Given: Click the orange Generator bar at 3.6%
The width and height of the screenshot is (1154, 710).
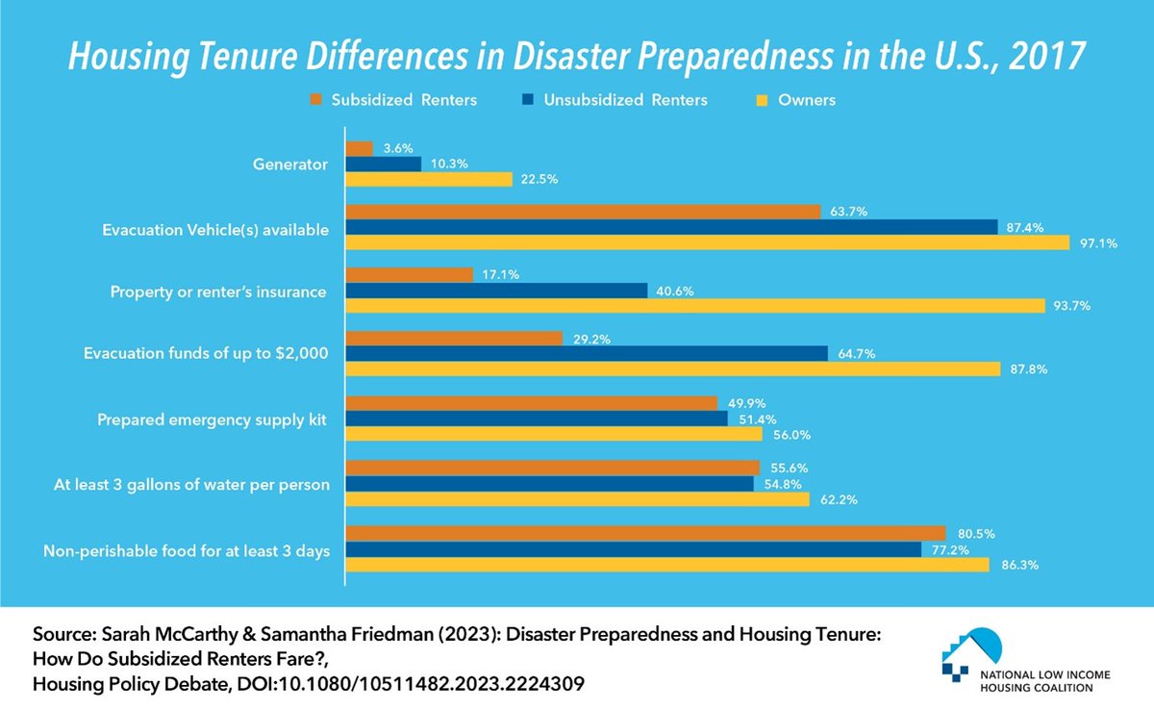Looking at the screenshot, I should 359,149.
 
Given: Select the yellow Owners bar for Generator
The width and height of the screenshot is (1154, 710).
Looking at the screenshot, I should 429,179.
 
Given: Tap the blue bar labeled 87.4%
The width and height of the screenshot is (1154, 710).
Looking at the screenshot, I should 671,227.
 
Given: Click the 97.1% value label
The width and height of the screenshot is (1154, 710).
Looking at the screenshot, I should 1097,243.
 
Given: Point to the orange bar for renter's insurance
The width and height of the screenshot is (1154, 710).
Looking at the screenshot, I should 409,275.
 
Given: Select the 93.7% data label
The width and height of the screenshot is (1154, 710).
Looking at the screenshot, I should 1073,306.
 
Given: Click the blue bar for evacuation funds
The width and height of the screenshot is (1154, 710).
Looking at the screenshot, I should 587,354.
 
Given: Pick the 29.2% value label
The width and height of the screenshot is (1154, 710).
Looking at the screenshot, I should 590,339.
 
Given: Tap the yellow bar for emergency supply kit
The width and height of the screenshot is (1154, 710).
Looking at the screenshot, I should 554,434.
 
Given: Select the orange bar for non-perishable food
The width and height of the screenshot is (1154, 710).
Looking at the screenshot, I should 645,534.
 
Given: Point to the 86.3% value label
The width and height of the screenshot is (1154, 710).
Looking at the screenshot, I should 1017,566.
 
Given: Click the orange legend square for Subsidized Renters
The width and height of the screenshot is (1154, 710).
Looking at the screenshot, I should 314,100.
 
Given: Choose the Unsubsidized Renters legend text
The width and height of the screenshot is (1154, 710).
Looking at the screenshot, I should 625,100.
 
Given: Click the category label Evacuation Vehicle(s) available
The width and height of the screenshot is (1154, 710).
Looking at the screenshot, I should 215,229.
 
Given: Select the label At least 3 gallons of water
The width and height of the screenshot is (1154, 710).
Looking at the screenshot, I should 191,484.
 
